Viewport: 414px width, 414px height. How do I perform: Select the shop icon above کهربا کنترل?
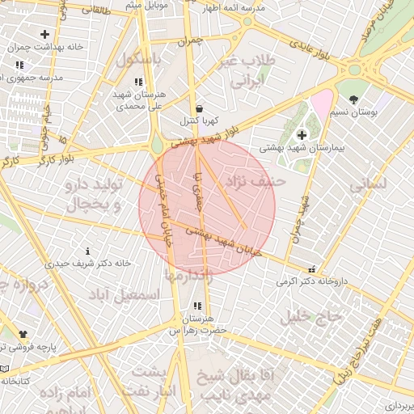[x=199, y=108]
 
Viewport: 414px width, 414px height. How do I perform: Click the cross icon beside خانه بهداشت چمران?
[x=44, y=35]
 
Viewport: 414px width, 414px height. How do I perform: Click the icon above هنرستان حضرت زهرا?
[x=196, y=306]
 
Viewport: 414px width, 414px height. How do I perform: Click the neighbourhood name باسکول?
[x=138, y=60]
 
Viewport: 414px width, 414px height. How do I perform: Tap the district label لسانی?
[x=367, y=184]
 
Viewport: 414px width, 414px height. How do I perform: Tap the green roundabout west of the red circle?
[x=157, y=146]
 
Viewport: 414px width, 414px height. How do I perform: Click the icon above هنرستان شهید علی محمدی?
[x=138, y=82]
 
